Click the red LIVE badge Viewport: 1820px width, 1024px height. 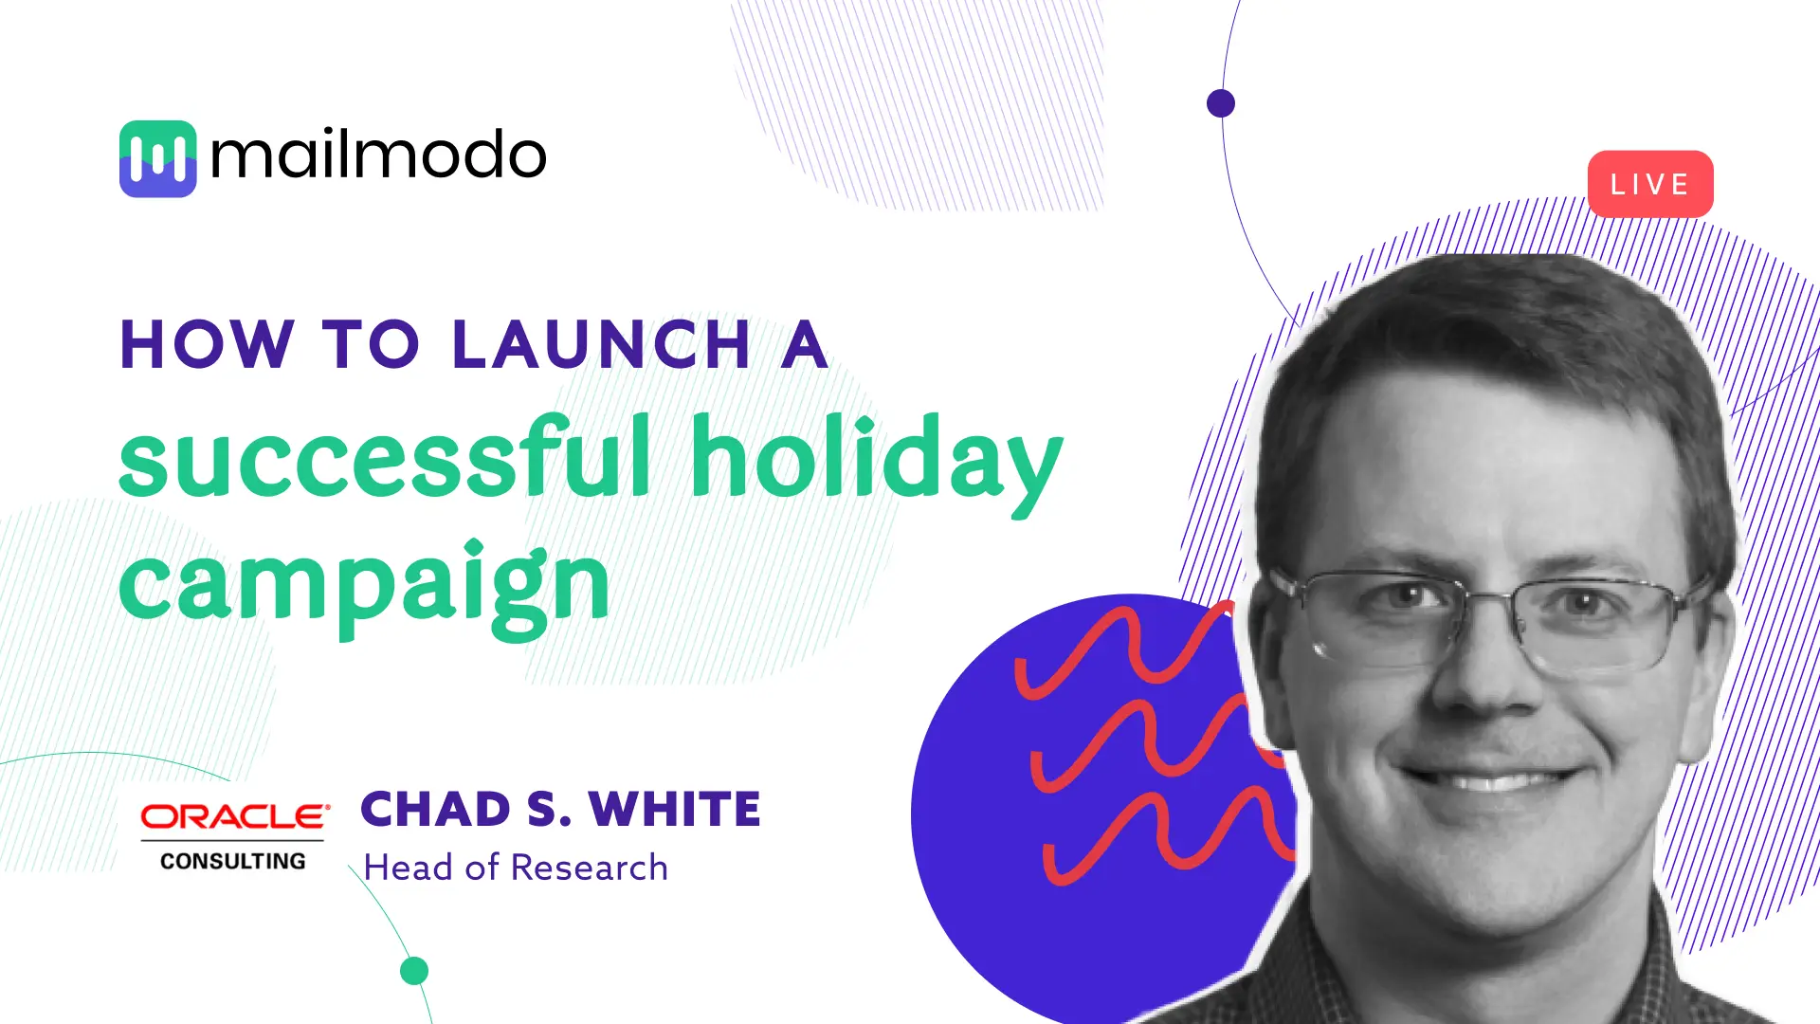pyautogui.click(x=1649, y=184)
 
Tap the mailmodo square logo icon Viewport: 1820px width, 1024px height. pyautogui.click(x=157, y=158)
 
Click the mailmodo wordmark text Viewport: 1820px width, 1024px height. pyautogui.click(x=378, y=155)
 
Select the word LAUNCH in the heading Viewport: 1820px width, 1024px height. pyautogui.click(x=601, y=344)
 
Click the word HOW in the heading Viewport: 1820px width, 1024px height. pyautogui.click(x=207, y=344)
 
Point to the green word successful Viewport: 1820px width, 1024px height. pyautogui.click(x=385, y=458)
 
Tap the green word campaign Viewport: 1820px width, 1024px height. pyautogui.click(x=364, y=584)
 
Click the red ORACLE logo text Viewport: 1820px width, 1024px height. pyautogui.click(x=234, y=816)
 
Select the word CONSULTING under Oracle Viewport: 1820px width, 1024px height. pyautogui.click(x=233, y=861)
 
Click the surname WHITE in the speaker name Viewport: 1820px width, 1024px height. pyautogui.click(x=674, y=810)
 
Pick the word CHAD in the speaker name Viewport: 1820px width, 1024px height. pyautogui.click(x=435, y=810)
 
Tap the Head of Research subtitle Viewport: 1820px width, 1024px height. pyautogui.click(x=516, y=868)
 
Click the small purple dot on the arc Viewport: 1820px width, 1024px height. pyautogui.click(x=1221, y=102)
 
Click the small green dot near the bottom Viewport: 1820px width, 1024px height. pyautogui.click(x=414, y=971)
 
